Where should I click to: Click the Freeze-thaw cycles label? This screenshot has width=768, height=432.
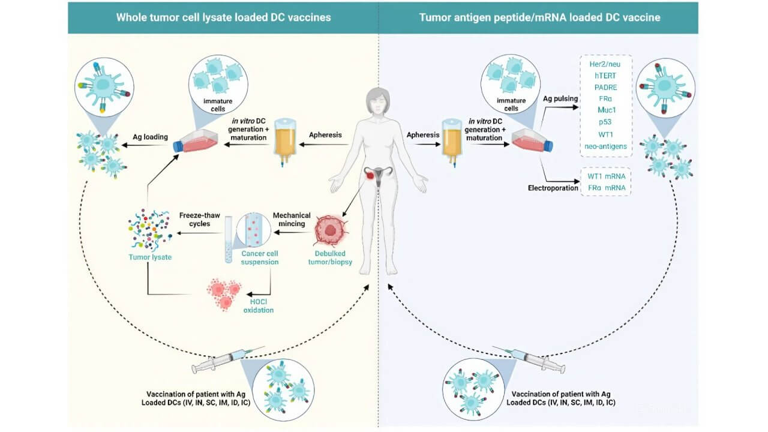click(x=194, y=219)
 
